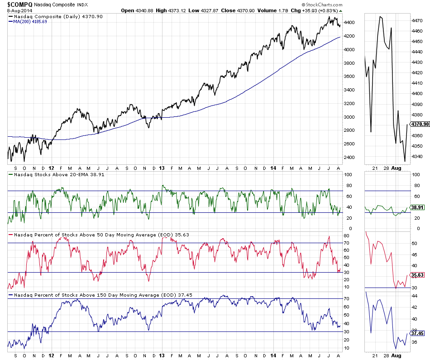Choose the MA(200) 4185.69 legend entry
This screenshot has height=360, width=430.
point(31,21)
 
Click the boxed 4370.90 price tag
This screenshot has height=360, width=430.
point(418,124)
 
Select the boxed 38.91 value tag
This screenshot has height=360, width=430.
point(416,207)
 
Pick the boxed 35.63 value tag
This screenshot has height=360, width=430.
point(416,275)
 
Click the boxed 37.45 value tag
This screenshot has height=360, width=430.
point(416,334)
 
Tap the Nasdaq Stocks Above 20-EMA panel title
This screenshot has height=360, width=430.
point(55,174)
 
